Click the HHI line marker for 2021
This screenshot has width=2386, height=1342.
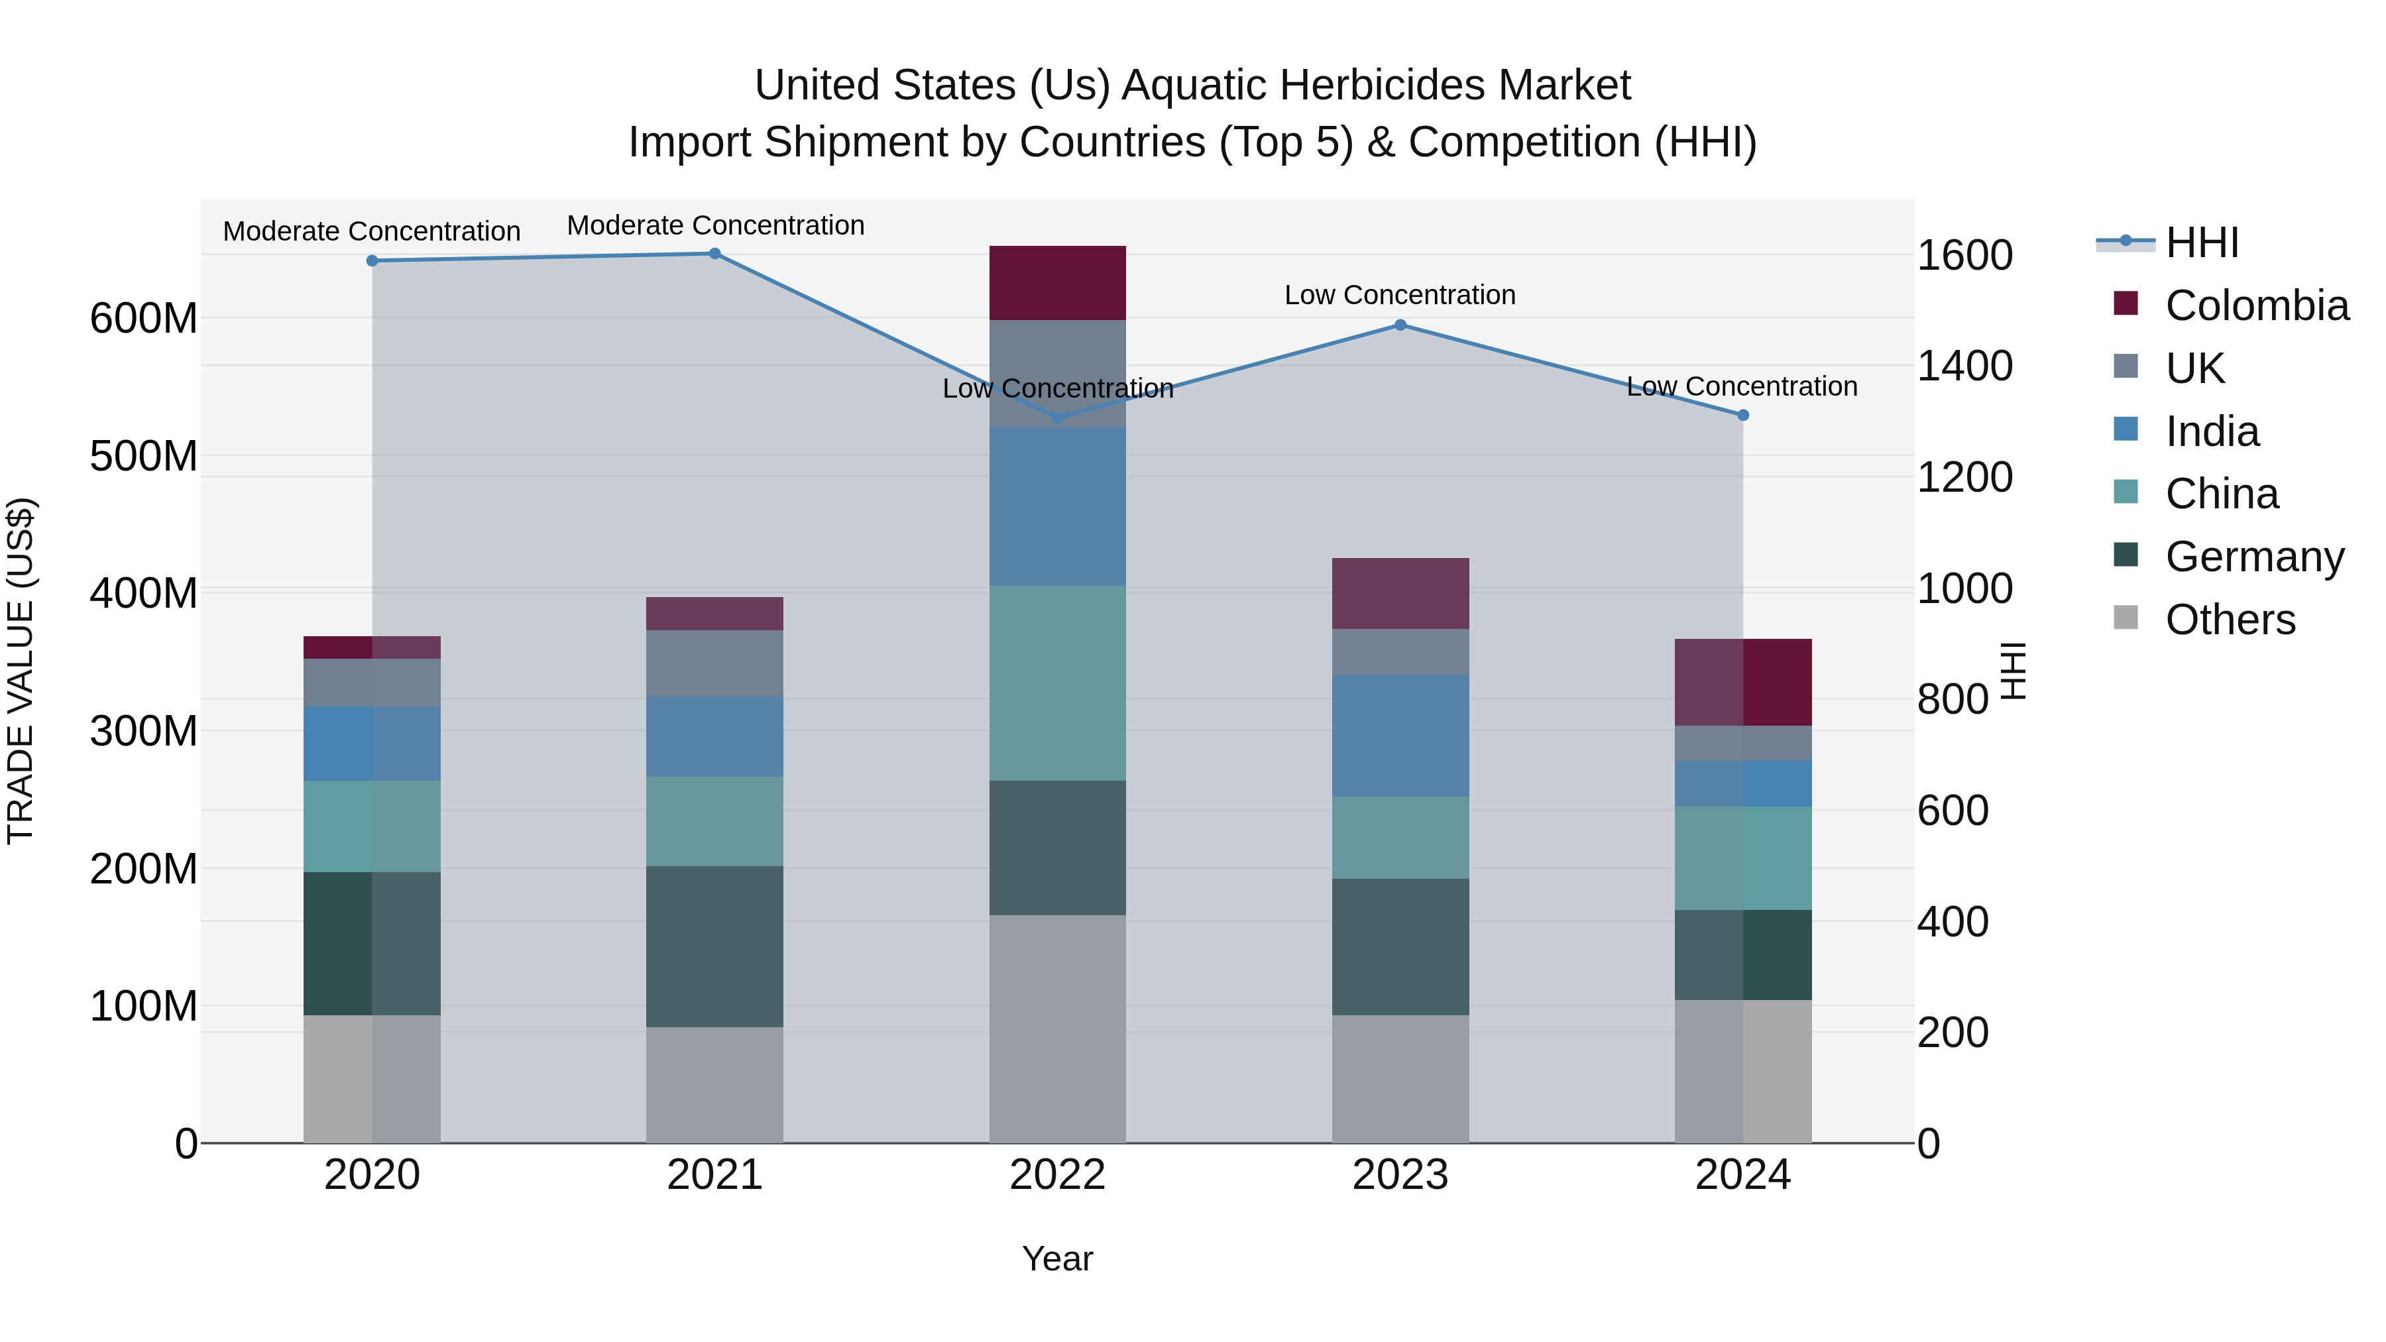714,254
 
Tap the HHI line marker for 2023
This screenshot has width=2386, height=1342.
1400,325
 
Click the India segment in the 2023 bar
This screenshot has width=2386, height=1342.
1400,736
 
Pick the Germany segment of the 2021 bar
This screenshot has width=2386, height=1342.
714,946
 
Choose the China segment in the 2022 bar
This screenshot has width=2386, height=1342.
1057,683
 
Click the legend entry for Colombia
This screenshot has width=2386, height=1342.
2256,306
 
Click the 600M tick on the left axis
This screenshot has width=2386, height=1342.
144,319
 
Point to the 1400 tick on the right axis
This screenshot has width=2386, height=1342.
1964,366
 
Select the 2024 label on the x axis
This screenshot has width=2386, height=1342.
1742,1175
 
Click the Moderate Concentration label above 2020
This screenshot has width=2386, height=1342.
371,231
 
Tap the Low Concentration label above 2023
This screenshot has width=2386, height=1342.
1400,296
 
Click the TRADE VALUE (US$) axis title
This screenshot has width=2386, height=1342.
21,671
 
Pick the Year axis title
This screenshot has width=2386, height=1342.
1057,1258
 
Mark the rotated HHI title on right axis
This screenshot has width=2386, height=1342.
2013,671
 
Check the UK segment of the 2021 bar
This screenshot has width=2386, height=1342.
714,663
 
